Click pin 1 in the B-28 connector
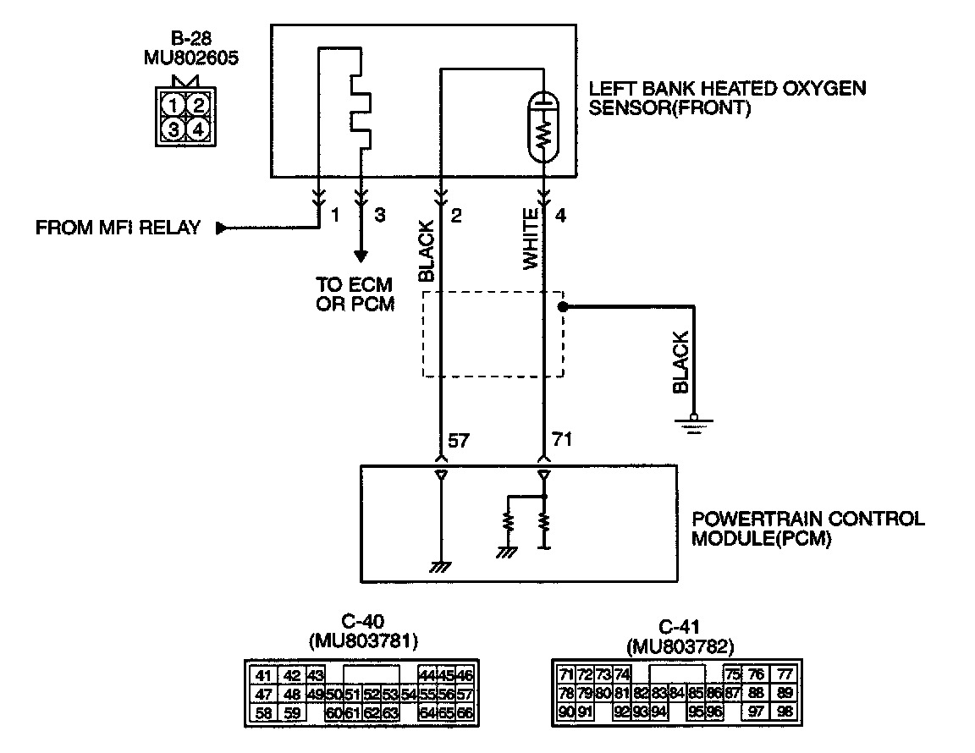(x=173, y=106)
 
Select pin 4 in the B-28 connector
(x=197, y=129)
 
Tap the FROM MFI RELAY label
(x=118, y=228)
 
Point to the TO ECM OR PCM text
(x=355, y=294)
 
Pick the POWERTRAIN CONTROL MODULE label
(x=808, y=528)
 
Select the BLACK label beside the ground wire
(x=680, y=361)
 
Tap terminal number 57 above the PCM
(x=459, y=442)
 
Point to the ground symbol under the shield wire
(x=694, y=423)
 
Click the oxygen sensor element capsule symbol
(x=544, y=127)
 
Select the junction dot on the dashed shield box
(x=562, y=307)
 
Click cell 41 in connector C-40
(x=263, y=675)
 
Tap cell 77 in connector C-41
(x=785, y=674)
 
